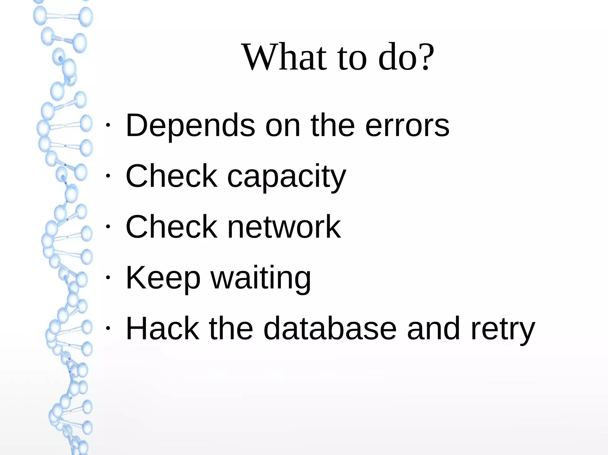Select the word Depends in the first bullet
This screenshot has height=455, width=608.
coord(190,126)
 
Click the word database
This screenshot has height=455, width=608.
coord(330,328)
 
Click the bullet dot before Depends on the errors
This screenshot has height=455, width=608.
coord(108,125)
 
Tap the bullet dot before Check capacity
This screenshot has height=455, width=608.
coord(108,176)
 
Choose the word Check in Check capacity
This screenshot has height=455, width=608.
coord(172,176)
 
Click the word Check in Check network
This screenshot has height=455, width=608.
coord(172,227)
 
